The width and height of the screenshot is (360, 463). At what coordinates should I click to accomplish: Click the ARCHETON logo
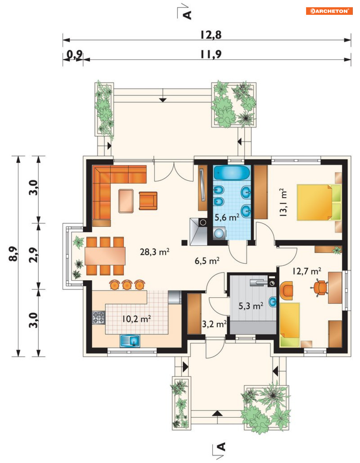(329, 11)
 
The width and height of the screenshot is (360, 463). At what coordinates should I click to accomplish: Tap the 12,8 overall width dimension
(211, 35)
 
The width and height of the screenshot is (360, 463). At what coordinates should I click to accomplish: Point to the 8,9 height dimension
(13, 254)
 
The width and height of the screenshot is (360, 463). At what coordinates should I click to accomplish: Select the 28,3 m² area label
(154, 252)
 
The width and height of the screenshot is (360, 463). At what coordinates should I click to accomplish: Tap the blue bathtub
(232, 173)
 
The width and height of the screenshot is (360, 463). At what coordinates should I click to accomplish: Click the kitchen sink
(130, 341)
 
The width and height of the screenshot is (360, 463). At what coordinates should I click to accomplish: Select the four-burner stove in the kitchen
(98, 318)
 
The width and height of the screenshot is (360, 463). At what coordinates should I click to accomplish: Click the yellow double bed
(319, 203)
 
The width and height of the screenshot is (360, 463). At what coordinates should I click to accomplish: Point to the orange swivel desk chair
(319, 288)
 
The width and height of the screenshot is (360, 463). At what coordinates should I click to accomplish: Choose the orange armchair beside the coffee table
(148, 201)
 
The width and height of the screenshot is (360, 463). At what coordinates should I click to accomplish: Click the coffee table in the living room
(126, 201)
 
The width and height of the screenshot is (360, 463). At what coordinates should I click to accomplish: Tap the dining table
(105, 256)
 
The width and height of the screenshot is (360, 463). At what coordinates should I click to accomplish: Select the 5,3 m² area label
(251, 306)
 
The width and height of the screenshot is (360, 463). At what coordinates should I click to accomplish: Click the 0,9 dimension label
(74, 55)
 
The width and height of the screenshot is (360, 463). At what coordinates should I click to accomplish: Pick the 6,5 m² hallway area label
(207, 260)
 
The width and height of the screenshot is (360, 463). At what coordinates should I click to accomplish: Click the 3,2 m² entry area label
(214, 324)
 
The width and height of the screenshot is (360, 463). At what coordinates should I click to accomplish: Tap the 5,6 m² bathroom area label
(227, 217)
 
